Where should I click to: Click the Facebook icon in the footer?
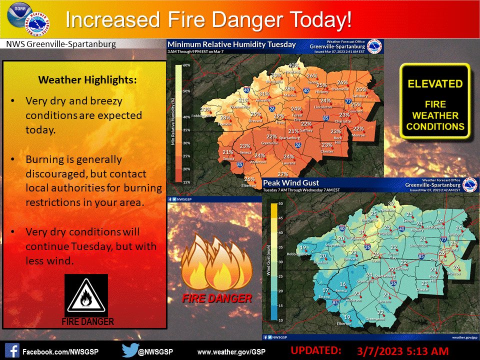pyautogui.click(x=12, y=349)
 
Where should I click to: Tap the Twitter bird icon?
pyautogui.click(x=130, y=349)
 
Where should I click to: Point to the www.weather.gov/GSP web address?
pyautogui.click(x=235, y=349)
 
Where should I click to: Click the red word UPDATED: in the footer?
pyautogui.click(x=316, y=348)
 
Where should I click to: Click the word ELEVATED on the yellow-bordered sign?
pyautogui.click(x=435, y=84)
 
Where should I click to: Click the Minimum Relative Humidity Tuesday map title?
pyautogui.click(x=232, y=44)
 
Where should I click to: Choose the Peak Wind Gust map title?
pyautogui.click(x=291, y=183)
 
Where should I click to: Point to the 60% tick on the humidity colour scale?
pyautogui.click(x=186, y=65)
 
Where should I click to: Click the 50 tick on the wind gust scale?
pyautogui.click(x=281, y=203)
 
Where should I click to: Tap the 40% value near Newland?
pyautogui.click(x=293, y=65)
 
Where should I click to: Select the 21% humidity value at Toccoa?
pyautogui.click(x=228, y=152)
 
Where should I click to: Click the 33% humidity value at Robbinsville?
pyautogui.click(x=205, y=109)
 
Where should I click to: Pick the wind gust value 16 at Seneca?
pyautogui.click(x=342, y=284)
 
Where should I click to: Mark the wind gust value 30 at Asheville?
pyautogui.click(x=361, y=232)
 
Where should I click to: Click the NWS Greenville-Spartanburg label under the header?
pyautogui.click(x=60, y=44)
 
